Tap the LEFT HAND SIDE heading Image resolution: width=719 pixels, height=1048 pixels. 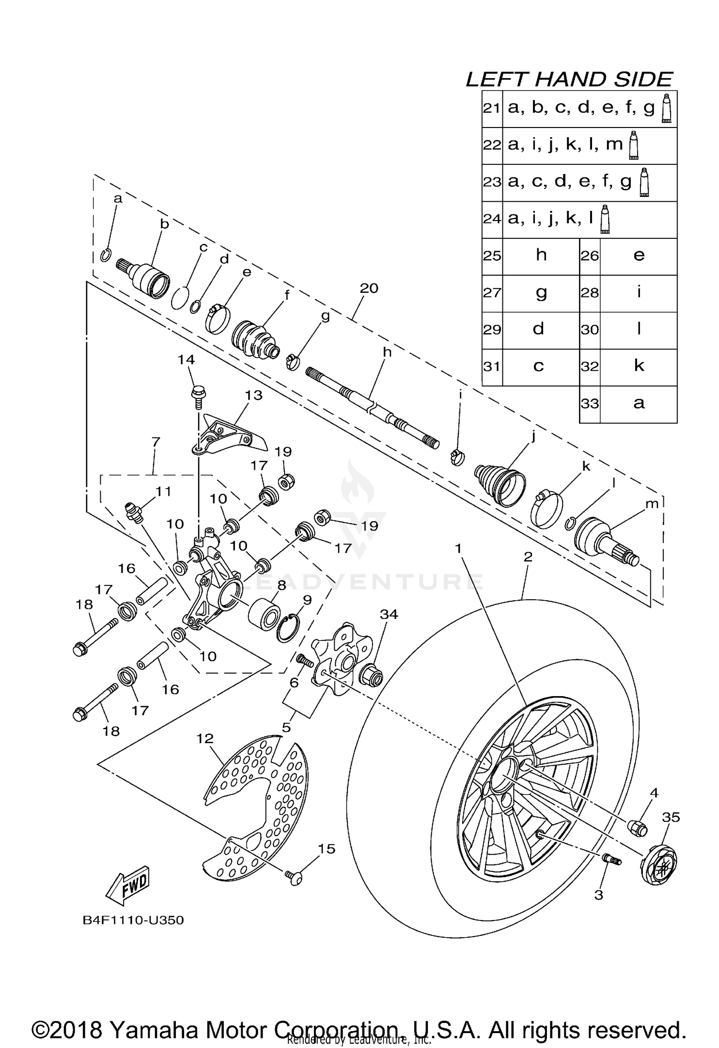coord(569,80)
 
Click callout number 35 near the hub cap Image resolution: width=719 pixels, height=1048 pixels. coord(671,817)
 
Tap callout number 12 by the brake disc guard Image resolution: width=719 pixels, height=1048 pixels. coord(205,739)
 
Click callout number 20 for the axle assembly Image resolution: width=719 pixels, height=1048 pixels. coord(369,288)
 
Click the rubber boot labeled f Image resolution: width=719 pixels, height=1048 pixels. coord(255,339)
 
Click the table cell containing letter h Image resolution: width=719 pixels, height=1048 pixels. coord(541,256)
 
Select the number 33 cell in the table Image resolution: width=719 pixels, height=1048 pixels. coord(590,404)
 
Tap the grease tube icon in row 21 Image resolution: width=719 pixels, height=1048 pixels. coord(666,109)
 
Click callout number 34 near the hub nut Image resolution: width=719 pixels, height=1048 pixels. coord(389,615)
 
